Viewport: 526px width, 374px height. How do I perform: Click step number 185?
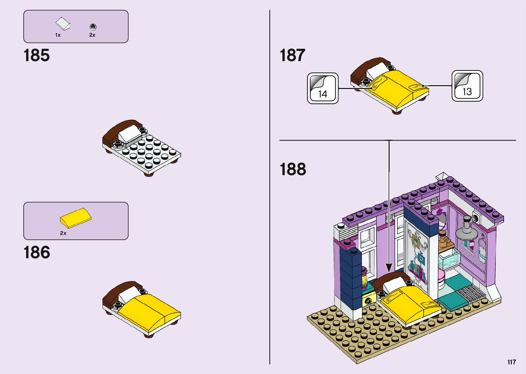[36, 55]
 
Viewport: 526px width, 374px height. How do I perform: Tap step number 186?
[36, 252]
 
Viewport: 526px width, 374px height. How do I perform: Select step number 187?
[292, 55]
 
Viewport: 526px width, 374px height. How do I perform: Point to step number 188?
[293, 169]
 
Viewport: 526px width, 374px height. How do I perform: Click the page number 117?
[512, 362]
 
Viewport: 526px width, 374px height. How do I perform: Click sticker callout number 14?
[323, 88]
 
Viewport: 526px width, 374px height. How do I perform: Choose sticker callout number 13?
[467, 86]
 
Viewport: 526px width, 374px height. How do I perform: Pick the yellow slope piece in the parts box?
[76, 218]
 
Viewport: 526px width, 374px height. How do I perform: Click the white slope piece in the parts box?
[63, 24]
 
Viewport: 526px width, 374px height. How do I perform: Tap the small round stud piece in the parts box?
[92, 26]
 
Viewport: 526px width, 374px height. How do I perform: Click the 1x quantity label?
[58, 35]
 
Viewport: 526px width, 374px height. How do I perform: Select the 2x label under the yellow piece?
[63, 233]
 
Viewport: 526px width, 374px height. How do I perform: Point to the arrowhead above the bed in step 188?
[389, 268]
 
